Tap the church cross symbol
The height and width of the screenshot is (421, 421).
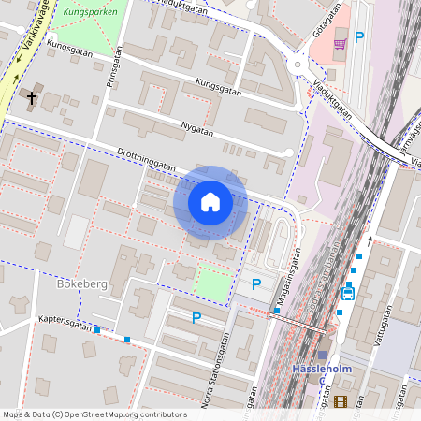coord(32,96)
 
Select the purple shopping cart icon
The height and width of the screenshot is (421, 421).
coord(339,41)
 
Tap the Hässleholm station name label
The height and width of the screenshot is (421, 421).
coord(323,368)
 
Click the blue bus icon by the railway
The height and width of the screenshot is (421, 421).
coord(348,291)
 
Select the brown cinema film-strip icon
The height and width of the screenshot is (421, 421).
coord(340,402)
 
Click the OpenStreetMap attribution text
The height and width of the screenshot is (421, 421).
coord(94,414)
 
